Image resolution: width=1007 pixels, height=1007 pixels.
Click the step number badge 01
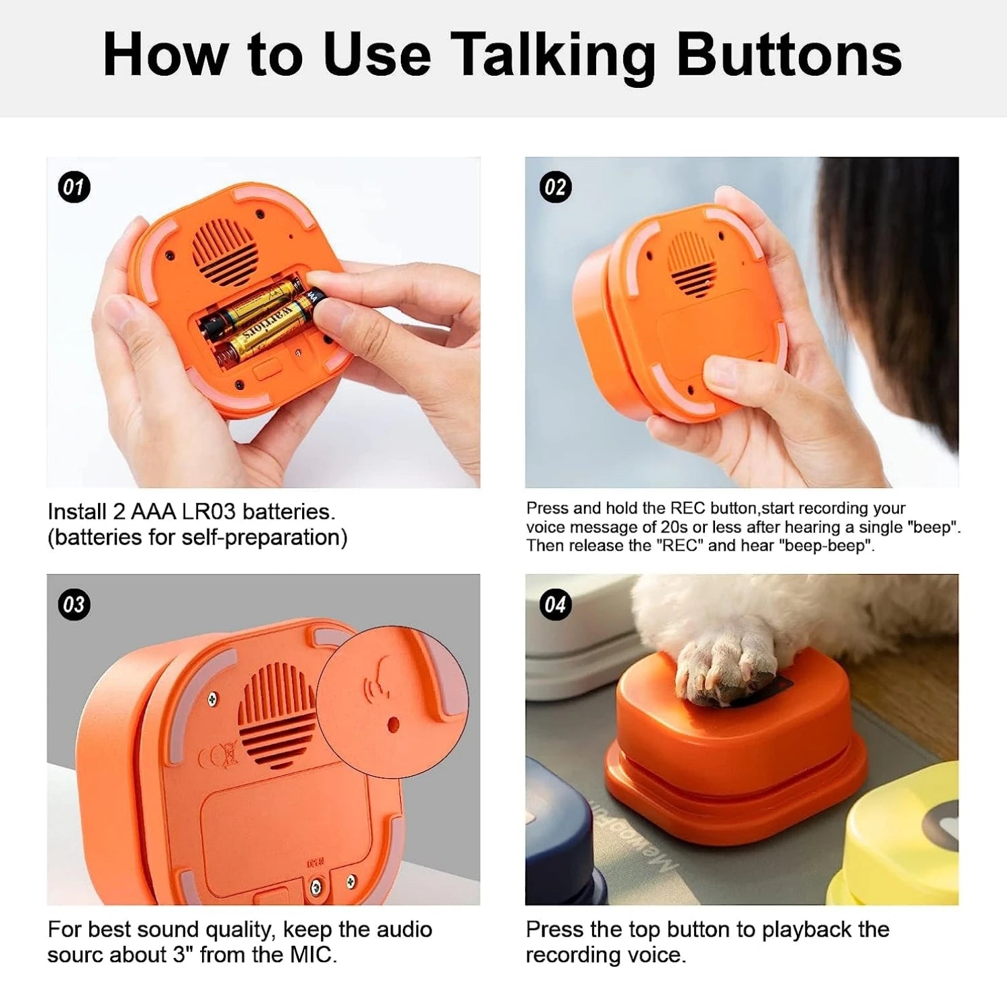[x=74, y=187]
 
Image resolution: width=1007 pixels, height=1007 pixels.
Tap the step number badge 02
[x=555, y=187]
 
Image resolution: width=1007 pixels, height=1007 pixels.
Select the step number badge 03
[x=74, y=604]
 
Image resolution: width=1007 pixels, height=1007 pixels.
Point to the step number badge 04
[x=555, y=604]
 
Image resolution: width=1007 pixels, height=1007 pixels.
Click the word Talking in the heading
[x=552, y=56]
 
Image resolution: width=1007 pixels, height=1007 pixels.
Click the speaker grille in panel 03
[x=277, y=715]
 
